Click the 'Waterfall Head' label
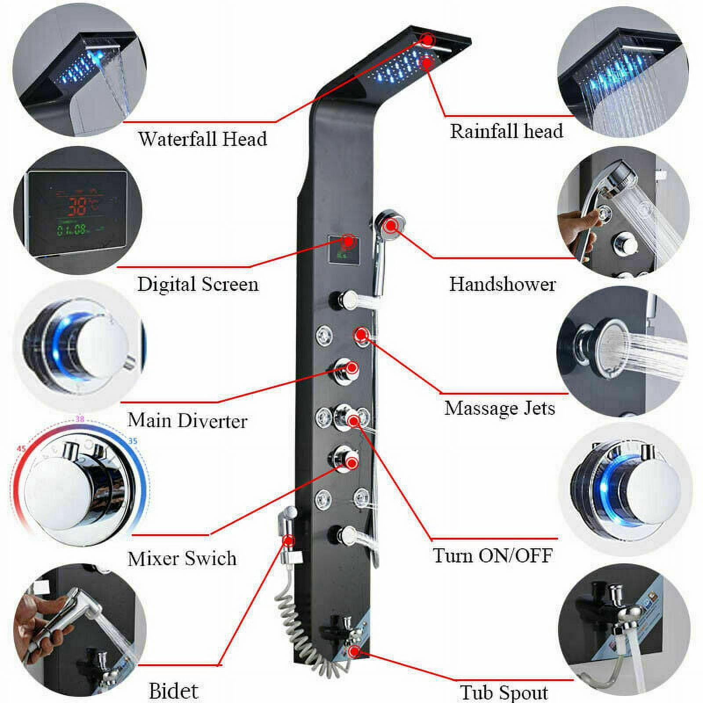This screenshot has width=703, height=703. pos(203,139)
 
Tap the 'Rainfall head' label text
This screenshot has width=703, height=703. pos(507,131)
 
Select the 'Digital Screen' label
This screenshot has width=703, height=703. pos(198,284)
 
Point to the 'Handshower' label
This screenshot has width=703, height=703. pos(503,284)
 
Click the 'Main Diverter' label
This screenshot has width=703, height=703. pos(188,420)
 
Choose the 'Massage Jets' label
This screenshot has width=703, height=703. pos(500,408)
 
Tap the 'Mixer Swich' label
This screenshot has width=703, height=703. pos(182,558)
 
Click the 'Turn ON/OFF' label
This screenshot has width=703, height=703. pos(493,555)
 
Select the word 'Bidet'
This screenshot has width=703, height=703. pos(174,691)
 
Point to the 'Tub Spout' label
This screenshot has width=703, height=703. pos(504,692)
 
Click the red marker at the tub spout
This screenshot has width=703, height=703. pos(354,651)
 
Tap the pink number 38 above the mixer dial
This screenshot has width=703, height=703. pos(80,419)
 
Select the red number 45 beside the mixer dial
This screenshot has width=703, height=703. pos(21,449)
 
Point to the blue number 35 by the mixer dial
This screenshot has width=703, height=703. pos(132,441)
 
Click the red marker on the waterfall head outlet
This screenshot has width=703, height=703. pos(428,40)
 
